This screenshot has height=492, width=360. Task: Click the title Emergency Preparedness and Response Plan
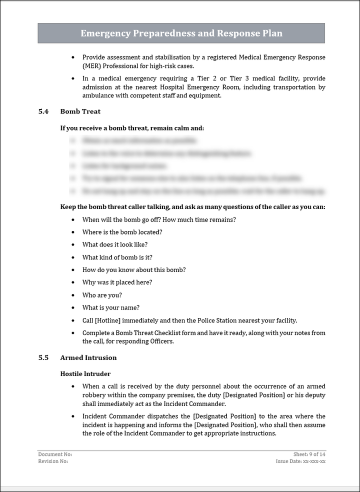coord(181,33)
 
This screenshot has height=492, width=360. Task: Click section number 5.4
coord(43,111)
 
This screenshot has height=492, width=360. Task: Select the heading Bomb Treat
coord(80,111)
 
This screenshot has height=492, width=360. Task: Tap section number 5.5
coord(43,357)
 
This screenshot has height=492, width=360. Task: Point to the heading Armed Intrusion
coord(88,357)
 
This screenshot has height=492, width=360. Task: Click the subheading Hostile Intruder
coord(85,373)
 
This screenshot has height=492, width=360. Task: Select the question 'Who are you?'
coord(102,295)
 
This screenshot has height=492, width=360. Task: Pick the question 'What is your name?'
coord(111,307)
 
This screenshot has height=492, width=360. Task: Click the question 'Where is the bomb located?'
coord(122,232)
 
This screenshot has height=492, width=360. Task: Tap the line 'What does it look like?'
coord(115,244)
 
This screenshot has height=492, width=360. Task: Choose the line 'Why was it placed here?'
coord(117,282)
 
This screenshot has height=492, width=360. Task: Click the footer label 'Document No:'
coord(55,454)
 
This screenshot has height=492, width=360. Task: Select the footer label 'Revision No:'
coord(53,461)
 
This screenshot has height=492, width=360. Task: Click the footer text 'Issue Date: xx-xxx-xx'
coord(300,461)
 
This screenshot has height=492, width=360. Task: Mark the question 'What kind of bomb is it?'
coord(117,257)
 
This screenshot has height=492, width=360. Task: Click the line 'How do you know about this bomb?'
coord(134,269)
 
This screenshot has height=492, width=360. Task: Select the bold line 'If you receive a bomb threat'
coord(132,128)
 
